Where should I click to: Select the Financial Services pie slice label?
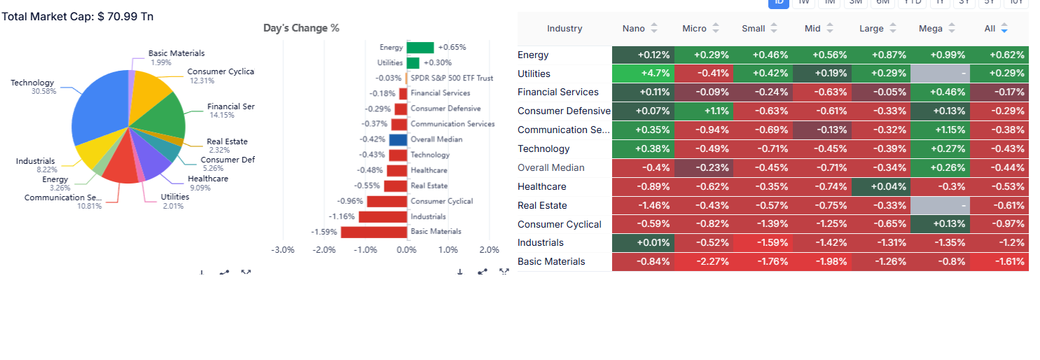(x=230, y=106)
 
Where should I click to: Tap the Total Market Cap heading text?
(x=78, y=16)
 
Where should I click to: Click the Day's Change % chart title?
(x=301, y=28)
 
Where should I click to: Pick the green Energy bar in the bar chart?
(x=420, y=48)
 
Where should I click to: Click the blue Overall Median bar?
(x=398, y=139)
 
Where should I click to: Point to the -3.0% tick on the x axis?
(x=282, y=250)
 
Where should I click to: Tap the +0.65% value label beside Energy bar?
(x=452, y=48)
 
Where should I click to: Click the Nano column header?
(x=633, y=29)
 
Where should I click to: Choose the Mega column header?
(x=931, y=29)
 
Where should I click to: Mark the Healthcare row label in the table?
(x=541, y=187)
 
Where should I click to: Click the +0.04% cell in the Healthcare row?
(x=880, y=187)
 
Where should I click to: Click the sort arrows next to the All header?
(x=1004, y=29)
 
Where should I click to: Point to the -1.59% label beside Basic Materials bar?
(x=324, y=232)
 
